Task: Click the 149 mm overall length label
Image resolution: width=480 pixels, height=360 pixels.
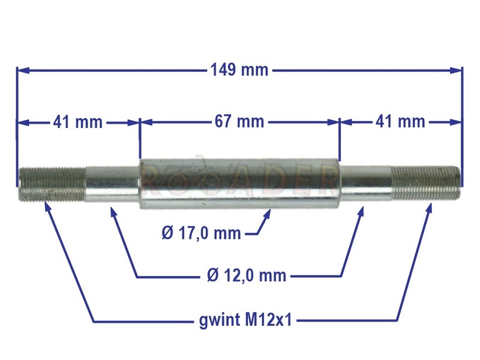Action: click(x=239, y=70)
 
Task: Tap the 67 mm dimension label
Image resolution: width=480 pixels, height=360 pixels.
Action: click(x=239, y=121)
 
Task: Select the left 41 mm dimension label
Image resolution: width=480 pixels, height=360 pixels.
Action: click(x=78, y=122)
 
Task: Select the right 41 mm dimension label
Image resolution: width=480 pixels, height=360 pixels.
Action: click(x=400, y=121)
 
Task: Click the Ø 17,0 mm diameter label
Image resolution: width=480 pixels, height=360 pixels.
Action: click(x=201, y=233)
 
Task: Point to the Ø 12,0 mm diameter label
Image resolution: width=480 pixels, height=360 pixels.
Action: click(x=247, y=275)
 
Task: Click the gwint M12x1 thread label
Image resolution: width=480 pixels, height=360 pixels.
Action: click(x=245, y=320)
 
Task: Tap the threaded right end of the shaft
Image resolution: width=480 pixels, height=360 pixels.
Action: click(x=426, y=182)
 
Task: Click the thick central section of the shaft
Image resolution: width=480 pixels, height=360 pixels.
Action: click(x=239, y=184)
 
